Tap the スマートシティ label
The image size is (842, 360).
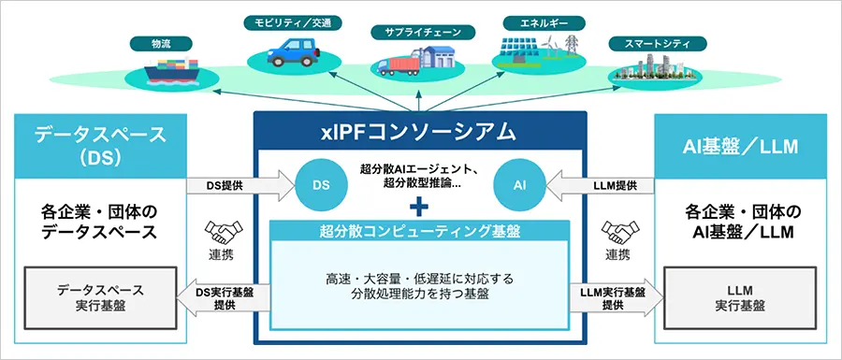[x=645, y=43]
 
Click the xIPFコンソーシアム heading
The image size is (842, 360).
[x=421, y=130]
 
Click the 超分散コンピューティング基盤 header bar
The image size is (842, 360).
[x=421, y=230]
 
